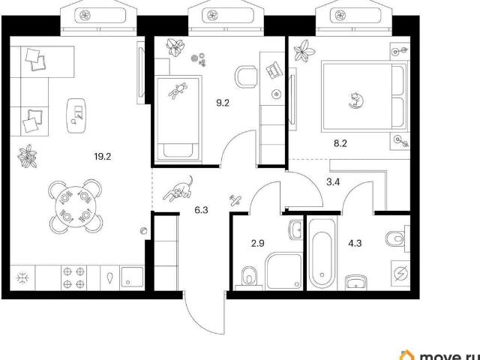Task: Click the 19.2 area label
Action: point(103,157)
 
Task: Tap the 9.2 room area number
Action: point(223,103)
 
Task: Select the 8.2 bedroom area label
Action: point(340,143)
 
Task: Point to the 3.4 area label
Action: point(333,182)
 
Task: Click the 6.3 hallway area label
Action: point(202,210)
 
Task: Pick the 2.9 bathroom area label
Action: point(257,243)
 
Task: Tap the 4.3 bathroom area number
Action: point(355,243)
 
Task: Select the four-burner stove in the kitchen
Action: point(73,277)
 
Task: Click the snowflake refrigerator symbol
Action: point(23,278)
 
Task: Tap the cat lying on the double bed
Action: point(356,100)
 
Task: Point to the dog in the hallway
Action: point(179,188)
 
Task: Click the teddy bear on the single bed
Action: point(178,90)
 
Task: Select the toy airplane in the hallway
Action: point(235,200)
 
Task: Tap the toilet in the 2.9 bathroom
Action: point(249,277)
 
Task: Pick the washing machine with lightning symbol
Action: point(400,273)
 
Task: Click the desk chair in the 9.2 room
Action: point(246,76)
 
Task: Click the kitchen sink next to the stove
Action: point(132,277)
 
